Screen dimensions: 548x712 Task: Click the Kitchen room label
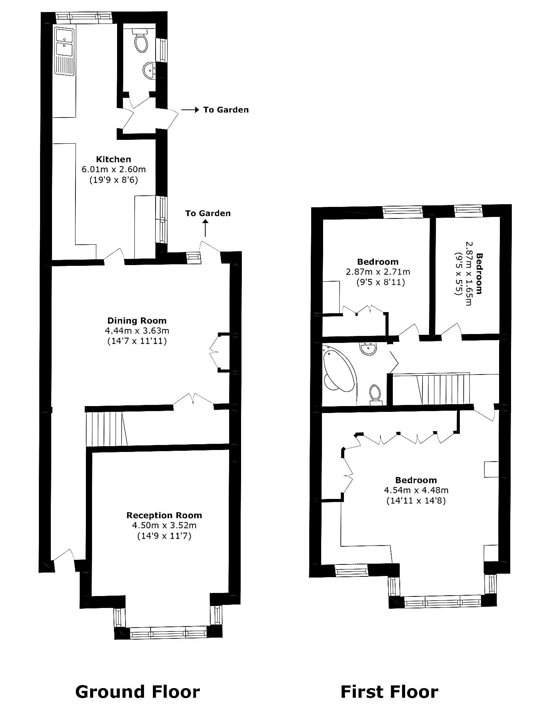(114, 159)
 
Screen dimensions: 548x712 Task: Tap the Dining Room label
(137, 321)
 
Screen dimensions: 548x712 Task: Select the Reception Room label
(164, 515)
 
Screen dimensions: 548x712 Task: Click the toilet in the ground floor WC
(141, 41)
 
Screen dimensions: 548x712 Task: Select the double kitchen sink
(64, 50)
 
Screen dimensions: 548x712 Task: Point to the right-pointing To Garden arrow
(190, 110)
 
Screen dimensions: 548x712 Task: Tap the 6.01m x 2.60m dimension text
(114, 169)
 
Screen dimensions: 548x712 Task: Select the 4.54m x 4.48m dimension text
(416, 490)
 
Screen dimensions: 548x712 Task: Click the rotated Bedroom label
(479, 273)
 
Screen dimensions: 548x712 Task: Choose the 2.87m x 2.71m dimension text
(378, 272)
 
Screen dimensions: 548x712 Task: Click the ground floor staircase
(106, 428)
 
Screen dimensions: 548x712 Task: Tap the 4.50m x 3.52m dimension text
(164, 526)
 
